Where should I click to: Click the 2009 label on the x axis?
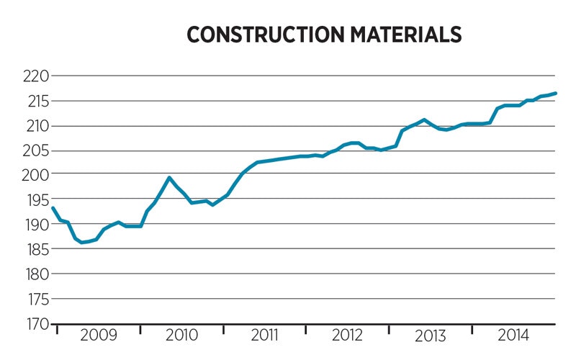[98, 336]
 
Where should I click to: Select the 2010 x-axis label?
[181, 336]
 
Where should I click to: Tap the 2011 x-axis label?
[264, 336]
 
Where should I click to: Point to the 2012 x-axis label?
[348, 336]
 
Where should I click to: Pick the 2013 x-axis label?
[431, 336]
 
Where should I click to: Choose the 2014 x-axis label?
[513, 336]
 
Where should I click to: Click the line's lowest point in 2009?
[82, 242]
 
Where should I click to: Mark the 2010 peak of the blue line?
[169, 177]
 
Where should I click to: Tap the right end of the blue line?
[555, 93]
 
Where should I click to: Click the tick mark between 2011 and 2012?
[306, 328]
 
